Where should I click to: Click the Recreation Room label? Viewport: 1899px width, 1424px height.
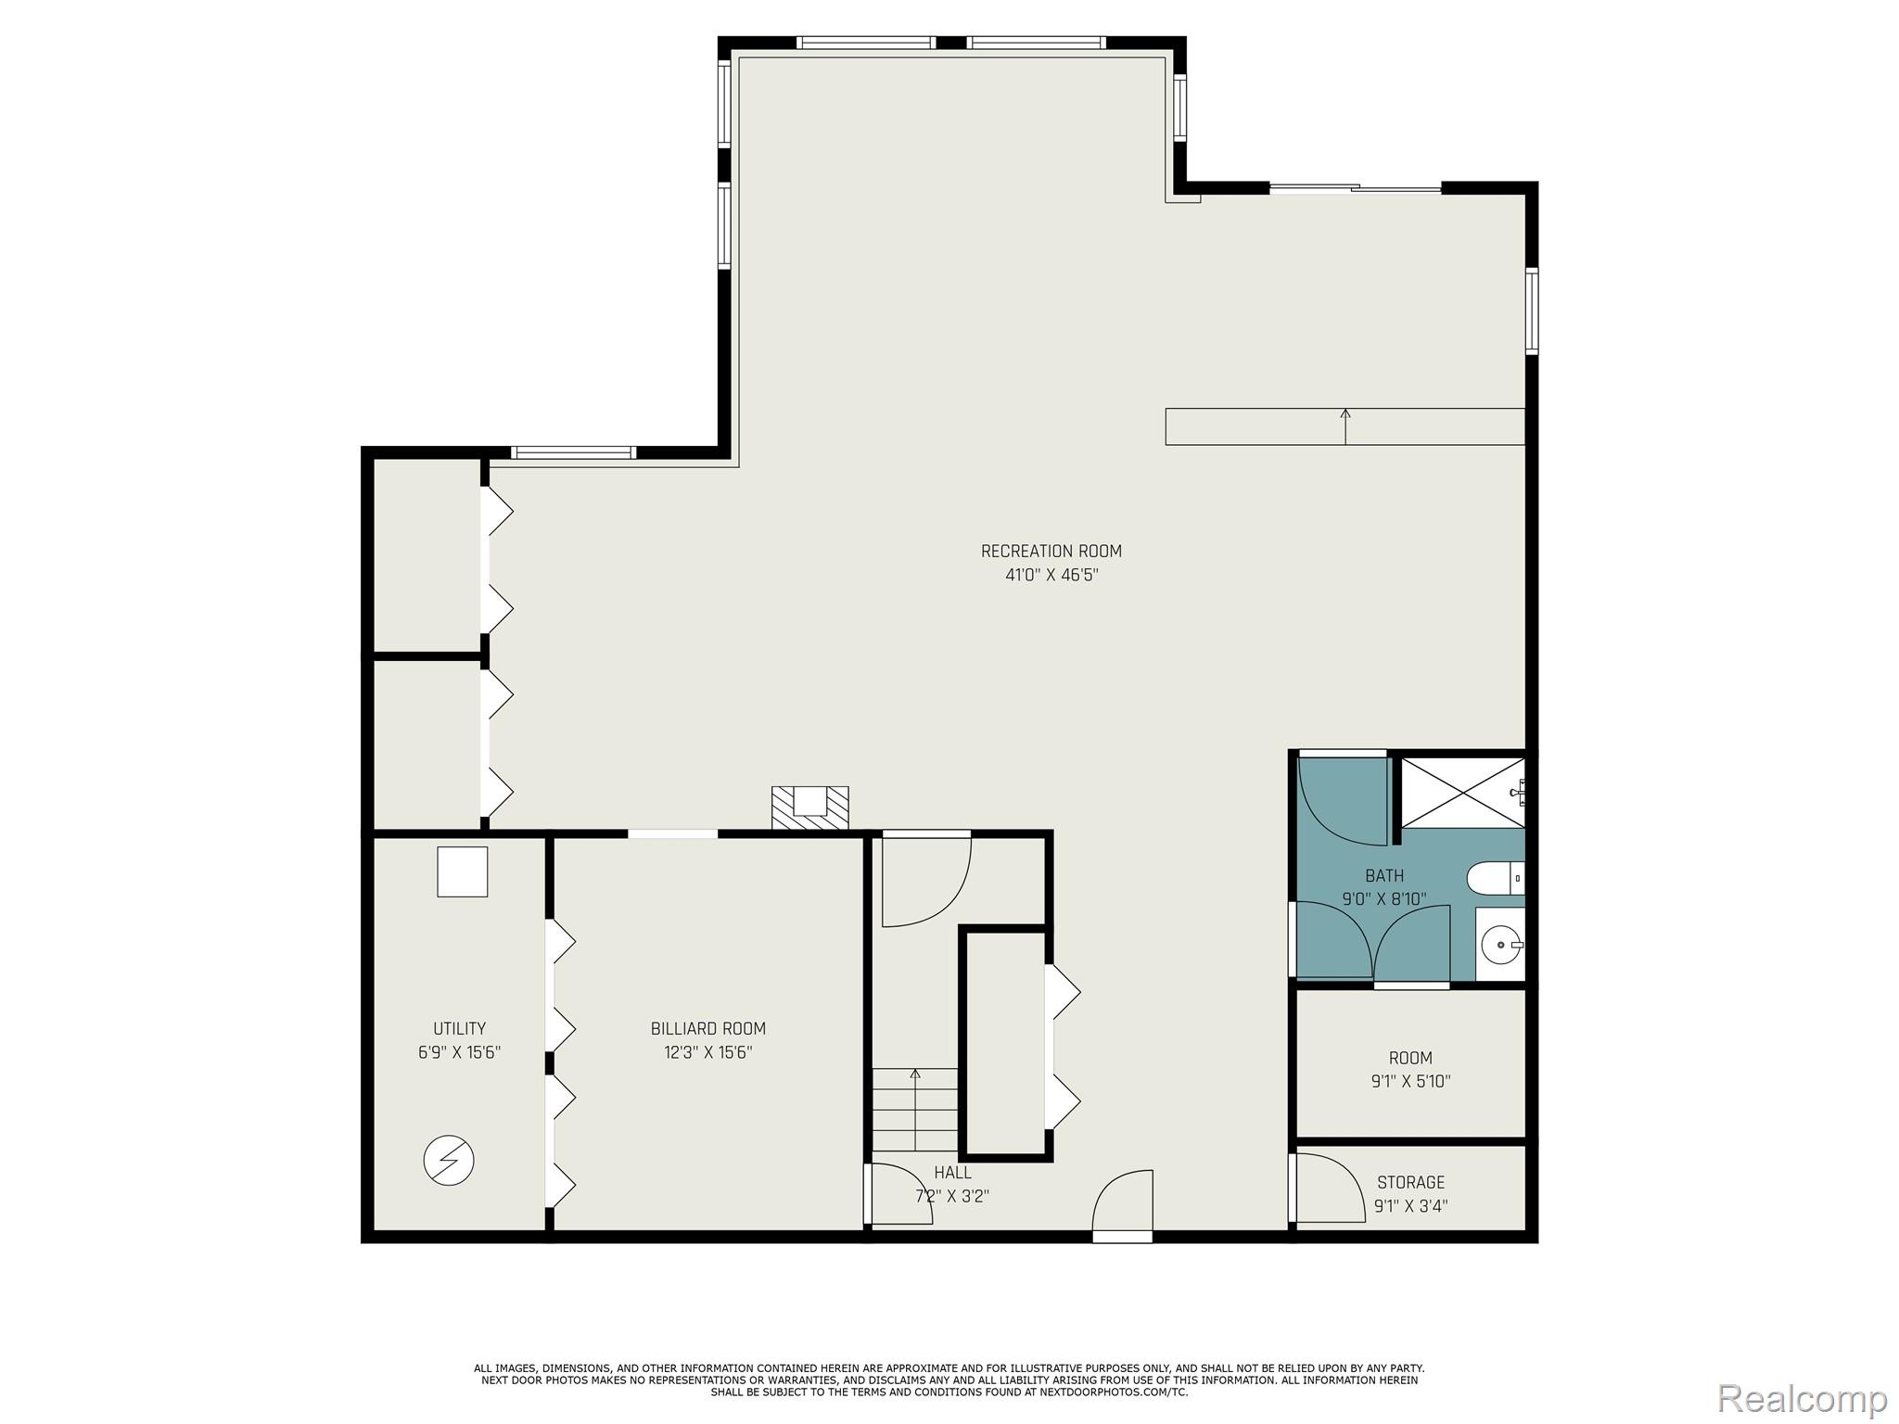click(x=1051, y=551)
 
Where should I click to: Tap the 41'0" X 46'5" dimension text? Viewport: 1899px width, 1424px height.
click(x=1051, y=575)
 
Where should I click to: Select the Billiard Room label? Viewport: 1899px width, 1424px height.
click(x=707, y=1028)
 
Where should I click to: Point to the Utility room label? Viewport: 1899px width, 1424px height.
click(x=459, y=1028)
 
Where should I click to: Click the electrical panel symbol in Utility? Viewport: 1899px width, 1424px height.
click(x=449, y=1160)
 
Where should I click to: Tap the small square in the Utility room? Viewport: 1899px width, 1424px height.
click(x=462, y=871)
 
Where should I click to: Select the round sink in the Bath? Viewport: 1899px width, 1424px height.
click(x=1499, y=946)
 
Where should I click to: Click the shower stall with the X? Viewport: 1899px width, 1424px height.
click(x=1461, y=793)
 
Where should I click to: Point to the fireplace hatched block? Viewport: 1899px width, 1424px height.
click(x=809, y=807)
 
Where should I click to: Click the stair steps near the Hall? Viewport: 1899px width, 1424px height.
click(x=914, y=1110)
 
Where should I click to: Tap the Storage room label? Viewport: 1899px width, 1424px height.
click(x=1410, y=1182)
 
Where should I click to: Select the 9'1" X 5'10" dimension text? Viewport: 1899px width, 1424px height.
click(x=1410, y=1081)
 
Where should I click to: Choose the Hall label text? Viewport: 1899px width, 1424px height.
click(x=952, y=1173)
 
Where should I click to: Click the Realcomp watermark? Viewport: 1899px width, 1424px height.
click(x=1802, y=1397)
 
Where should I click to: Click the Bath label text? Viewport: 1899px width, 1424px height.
click(x=1383, y=875)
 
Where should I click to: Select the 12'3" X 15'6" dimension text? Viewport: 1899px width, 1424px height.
click(x=707, y=1052)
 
